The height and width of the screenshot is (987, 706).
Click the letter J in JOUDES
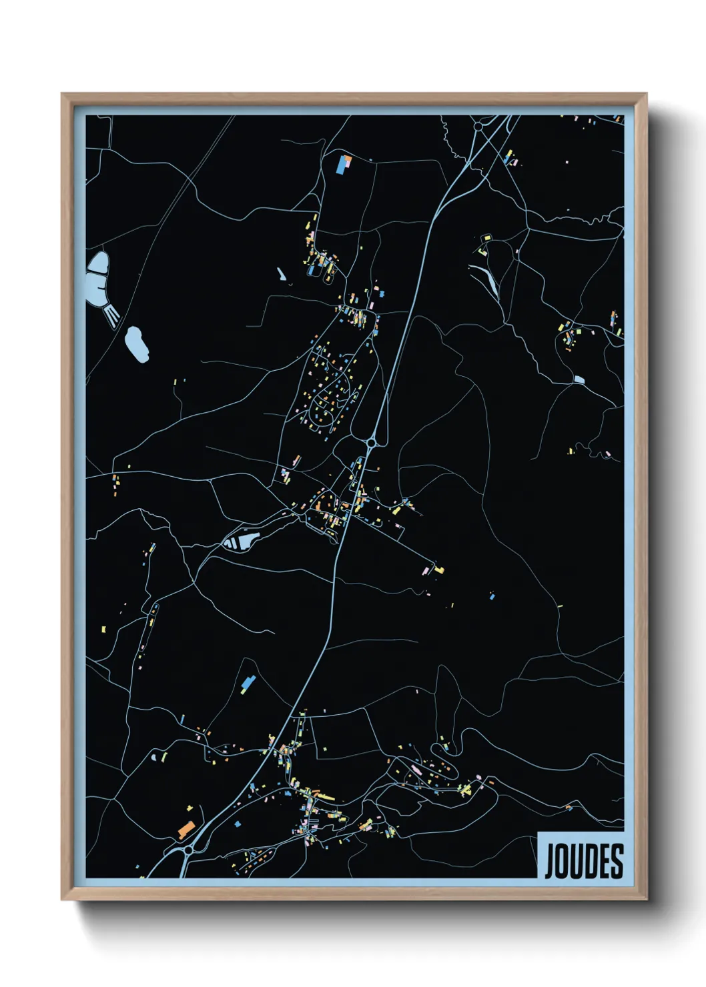click(x=551, y=862)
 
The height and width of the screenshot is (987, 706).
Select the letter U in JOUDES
click(x=577, y=861)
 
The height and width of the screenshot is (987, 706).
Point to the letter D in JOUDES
click(x=590, y=861)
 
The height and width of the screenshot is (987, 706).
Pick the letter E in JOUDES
click(x=603, y=861)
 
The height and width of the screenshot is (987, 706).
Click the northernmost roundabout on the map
click(x=478, y=125)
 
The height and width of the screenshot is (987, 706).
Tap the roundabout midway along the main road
click(x=371, y=442)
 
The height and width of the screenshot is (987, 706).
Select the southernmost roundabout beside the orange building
click(x=189, y=850)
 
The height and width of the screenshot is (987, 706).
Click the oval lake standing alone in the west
click(x=137, y=343)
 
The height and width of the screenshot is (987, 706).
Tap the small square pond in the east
click(x=579, y=380)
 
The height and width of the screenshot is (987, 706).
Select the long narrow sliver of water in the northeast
click(x=487, y=280)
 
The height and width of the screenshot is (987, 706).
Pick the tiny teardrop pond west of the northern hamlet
click(x=280, y=273)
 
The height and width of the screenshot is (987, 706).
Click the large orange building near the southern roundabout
click(x=186, y=830)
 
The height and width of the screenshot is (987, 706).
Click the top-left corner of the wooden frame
click(x=62, y=94)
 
